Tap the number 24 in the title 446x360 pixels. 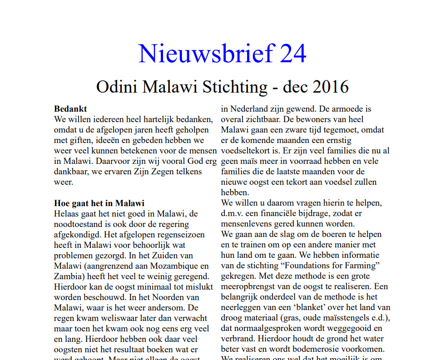point(293,53)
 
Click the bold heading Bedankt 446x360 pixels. point(70,109)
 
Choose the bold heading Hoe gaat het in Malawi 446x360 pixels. point(99,203)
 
